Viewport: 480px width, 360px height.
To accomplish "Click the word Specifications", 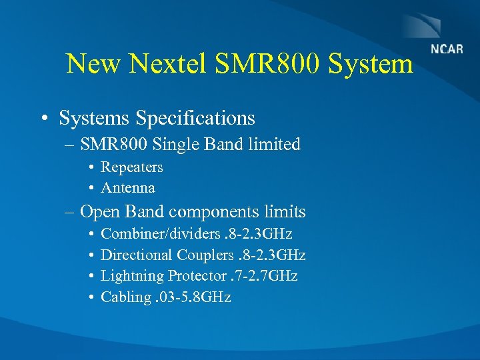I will point(195,119).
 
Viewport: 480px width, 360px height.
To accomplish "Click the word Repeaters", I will point(131,167).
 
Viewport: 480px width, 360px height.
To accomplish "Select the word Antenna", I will point(127,187).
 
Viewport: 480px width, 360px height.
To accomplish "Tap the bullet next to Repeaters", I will point(91,167).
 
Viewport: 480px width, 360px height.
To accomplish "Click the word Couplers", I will point(205,255).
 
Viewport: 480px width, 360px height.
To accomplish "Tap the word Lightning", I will point(132,276).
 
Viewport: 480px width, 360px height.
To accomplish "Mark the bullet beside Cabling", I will point(91,297).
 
